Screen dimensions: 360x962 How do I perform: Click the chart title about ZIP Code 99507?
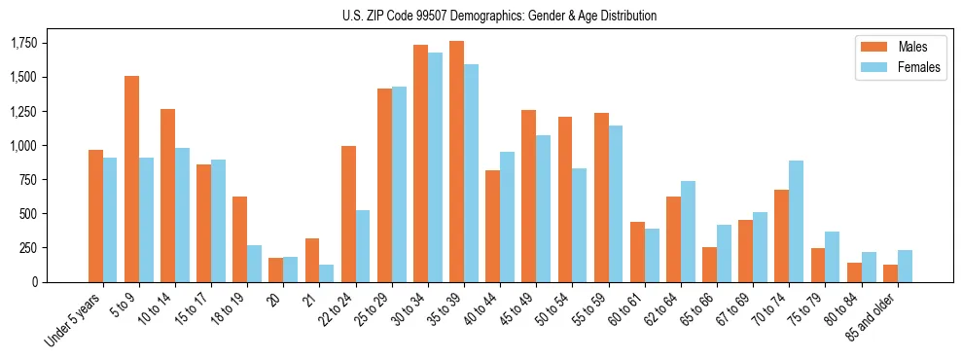click(500, 16)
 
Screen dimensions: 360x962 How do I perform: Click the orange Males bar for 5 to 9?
click(131, 179)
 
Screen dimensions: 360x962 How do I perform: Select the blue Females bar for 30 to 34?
click(435, 167)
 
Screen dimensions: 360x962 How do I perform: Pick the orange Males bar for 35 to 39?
click(456, 162)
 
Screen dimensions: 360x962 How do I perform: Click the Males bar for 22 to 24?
click(348, 214)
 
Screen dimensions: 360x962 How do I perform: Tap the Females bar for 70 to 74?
click(796, 221)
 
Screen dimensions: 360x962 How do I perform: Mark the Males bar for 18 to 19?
click(239, 239)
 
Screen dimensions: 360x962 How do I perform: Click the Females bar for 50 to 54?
click(580, 225)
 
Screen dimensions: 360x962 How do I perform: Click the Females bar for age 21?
click(327, 273)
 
